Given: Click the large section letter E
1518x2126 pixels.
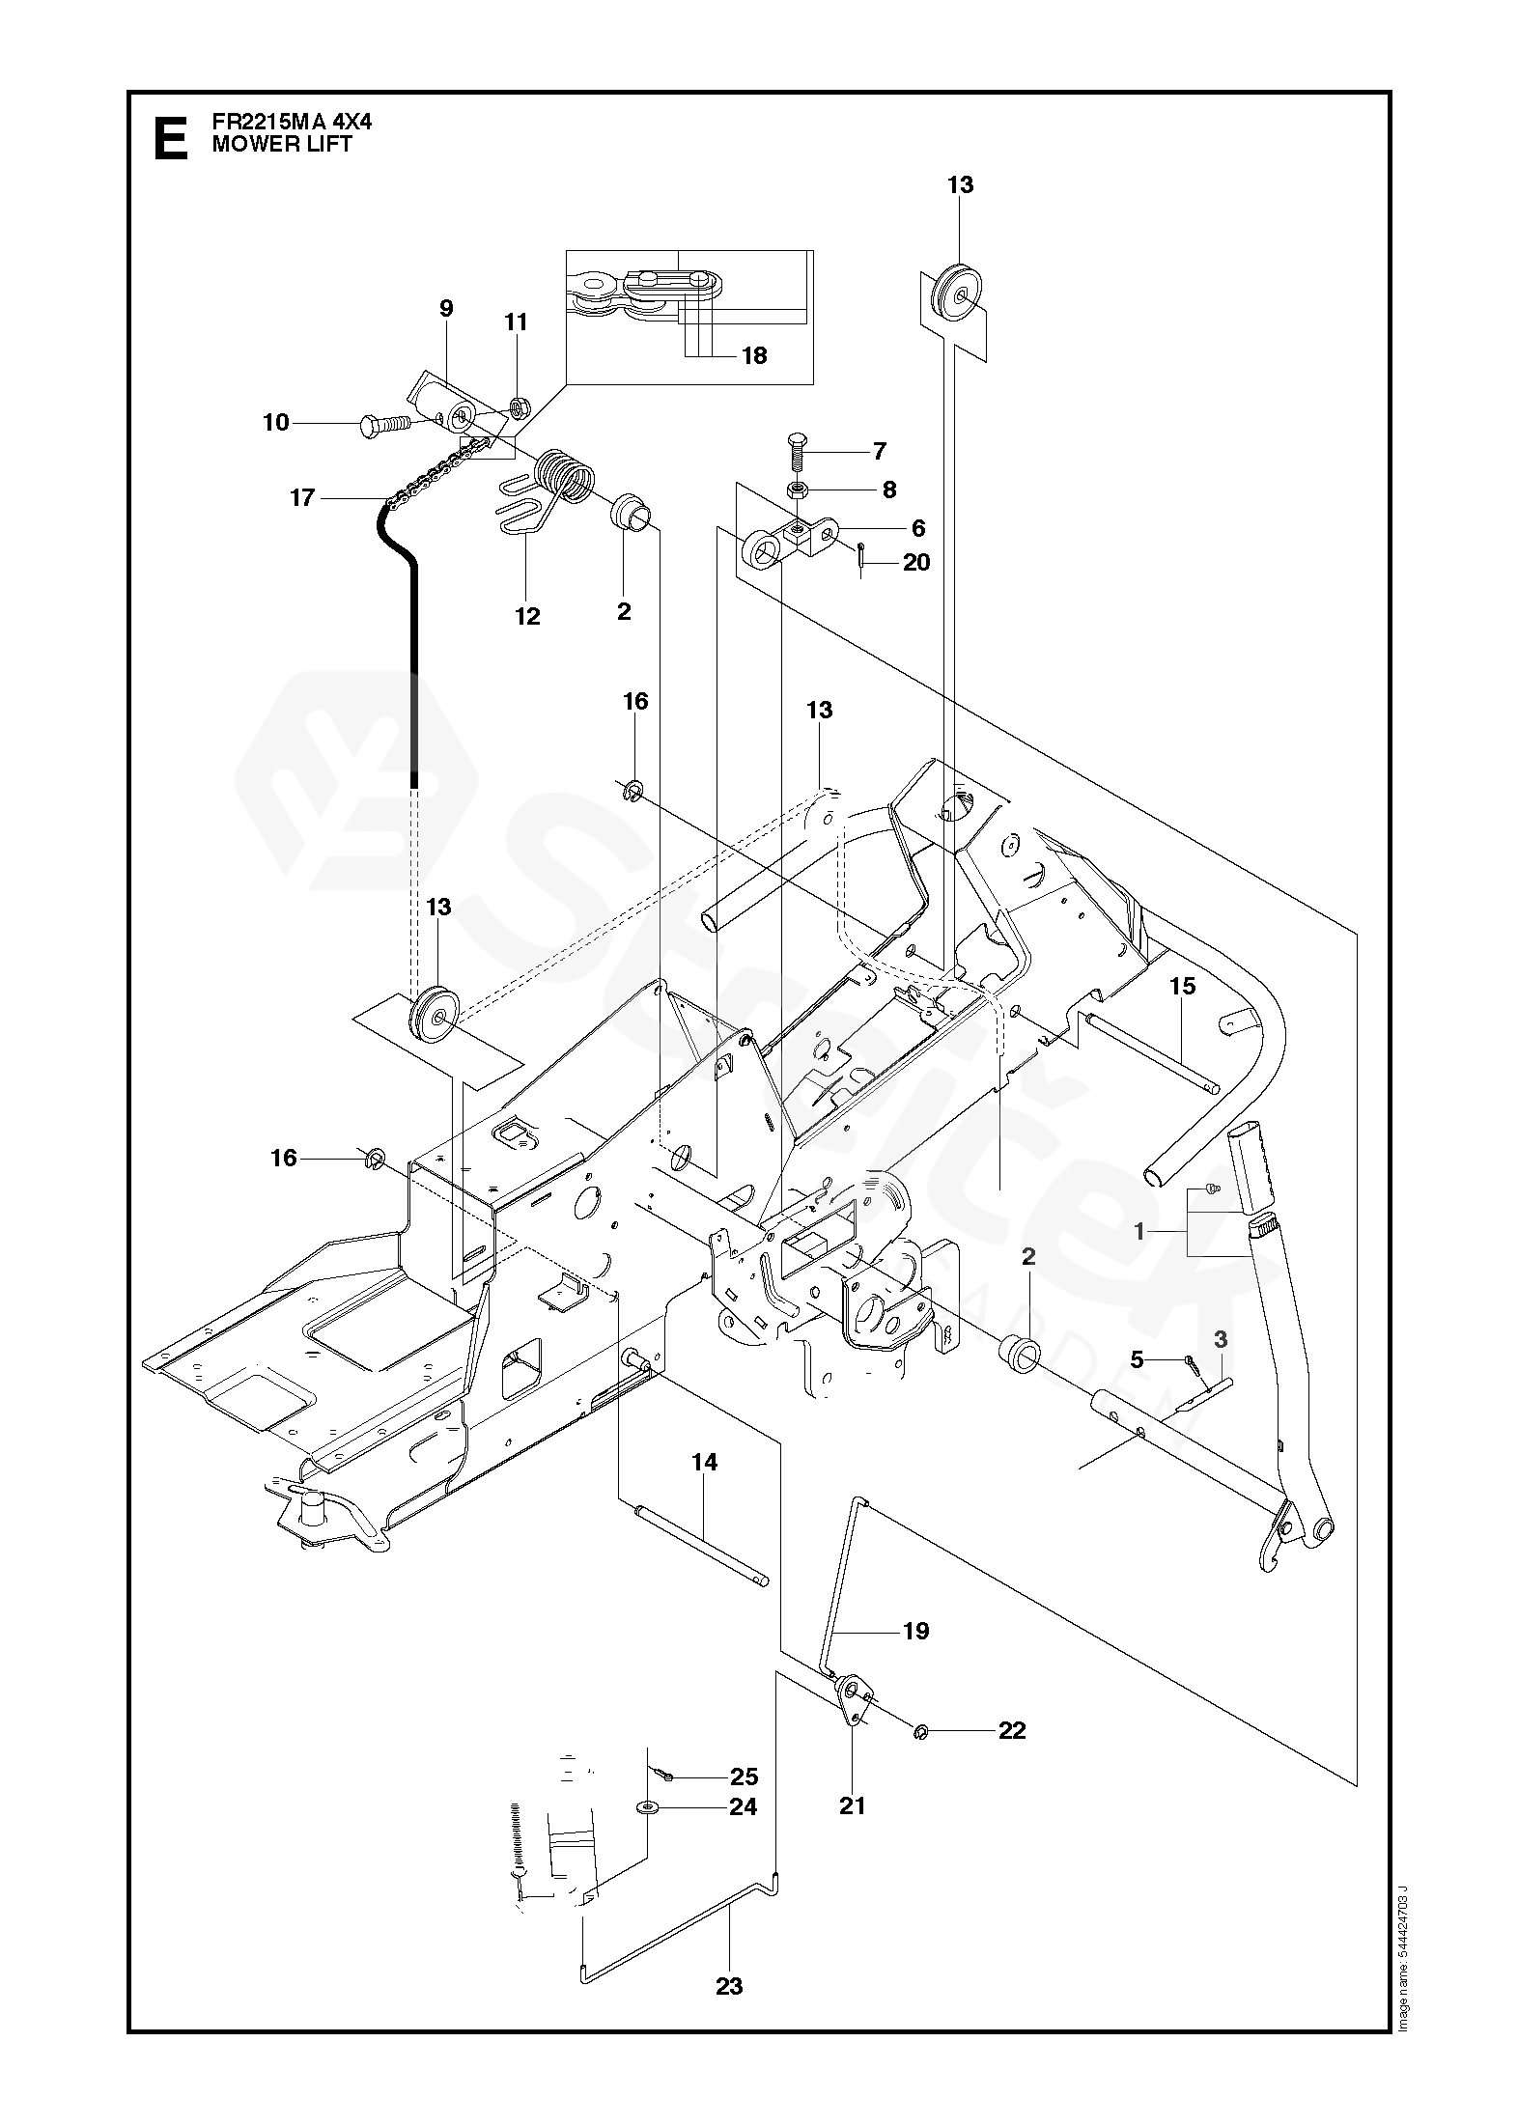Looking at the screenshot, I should pyautogui.click(x=171, y=137).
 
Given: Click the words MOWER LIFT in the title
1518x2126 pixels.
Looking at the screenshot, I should pyautogui.click(x=282, y=145).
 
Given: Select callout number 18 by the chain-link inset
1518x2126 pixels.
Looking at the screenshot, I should pyautogui.click(x=753, y=355).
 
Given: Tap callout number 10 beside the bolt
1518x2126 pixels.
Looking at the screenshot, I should pyautogui.click(x=276, y=422).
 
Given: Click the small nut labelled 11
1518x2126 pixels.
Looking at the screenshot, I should pyautogui.click(x=518, y=408).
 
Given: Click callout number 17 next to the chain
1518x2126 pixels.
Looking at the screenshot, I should pyautogui.click(x=302, y=498).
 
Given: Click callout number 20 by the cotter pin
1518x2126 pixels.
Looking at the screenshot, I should pyautogui.click(x=915, y=562).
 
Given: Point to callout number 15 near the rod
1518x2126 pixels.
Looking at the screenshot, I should pyautogui.click(x=1182, y=986).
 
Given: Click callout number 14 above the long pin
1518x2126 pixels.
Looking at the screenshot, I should pyautogui.click(x=705, y=1489).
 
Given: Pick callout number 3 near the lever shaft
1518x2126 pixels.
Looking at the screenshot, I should pyautogui.click(x=1221, y=1339).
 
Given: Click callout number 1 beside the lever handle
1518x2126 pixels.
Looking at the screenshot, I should pyautogui.click(x=1139, y=1231).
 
